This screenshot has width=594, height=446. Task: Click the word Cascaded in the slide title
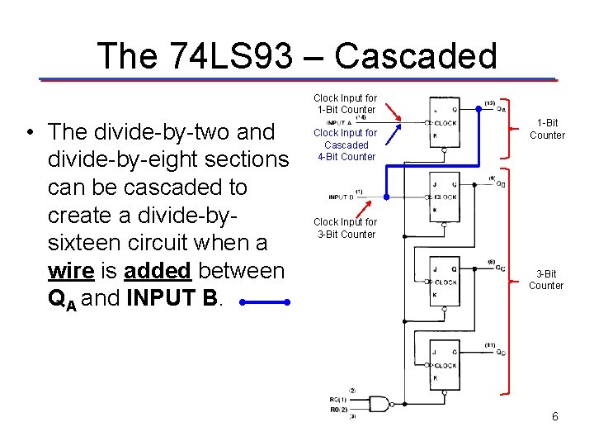416,56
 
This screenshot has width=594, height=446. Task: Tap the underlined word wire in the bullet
70,270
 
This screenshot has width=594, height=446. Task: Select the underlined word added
158,270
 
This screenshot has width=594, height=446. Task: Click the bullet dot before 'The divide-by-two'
30,132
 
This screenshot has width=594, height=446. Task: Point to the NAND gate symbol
379,404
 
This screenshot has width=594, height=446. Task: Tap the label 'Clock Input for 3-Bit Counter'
346,228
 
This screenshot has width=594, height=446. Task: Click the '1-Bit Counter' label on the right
547,129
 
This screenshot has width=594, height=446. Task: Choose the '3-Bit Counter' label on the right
546,279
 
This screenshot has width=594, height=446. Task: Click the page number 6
555,417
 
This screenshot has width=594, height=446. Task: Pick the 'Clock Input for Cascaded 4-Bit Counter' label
346,145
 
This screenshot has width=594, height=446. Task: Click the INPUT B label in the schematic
342,197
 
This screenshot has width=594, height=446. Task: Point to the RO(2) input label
338,408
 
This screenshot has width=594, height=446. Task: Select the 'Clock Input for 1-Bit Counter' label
346,103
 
